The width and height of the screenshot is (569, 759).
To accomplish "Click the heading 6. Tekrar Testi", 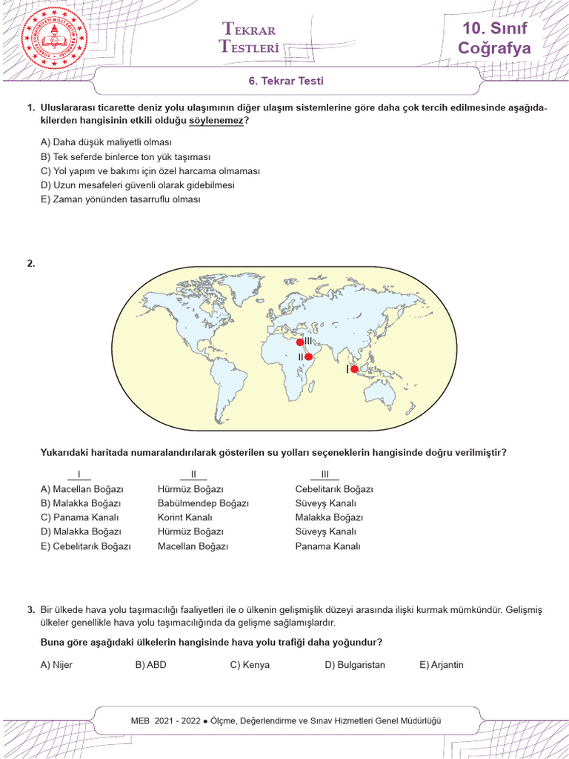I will tap(285, 82).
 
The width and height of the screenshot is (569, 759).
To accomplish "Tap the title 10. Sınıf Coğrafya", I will tap(495, 39).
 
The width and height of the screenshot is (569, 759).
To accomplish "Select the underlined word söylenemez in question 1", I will tap(216, 120).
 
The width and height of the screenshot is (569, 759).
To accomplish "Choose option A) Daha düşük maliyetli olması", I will tap(106, 142).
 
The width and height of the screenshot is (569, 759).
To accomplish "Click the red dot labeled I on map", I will tap(354, 369).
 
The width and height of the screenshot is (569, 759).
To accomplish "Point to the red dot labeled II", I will tap(309, 357).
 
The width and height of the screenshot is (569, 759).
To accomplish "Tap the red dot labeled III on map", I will tap(300, 342).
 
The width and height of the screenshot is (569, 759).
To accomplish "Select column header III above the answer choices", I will tap(325, 475).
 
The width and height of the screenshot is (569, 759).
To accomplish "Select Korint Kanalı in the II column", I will tap(184, 517).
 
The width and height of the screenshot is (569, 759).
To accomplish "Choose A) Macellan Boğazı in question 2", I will tap(82, 489).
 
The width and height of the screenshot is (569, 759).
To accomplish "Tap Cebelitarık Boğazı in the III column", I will tap(333, 489).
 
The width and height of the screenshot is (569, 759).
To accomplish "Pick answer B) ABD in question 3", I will tap(151, 665).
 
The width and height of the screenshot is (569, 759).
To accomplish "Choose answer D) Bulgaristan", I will tap(355, 665).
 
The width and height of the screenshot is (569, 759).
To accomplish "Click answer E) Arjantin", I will tap(442, 665).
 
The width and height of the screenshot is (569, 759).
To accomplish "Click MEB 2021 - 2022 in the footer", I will tap(165, 720).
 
